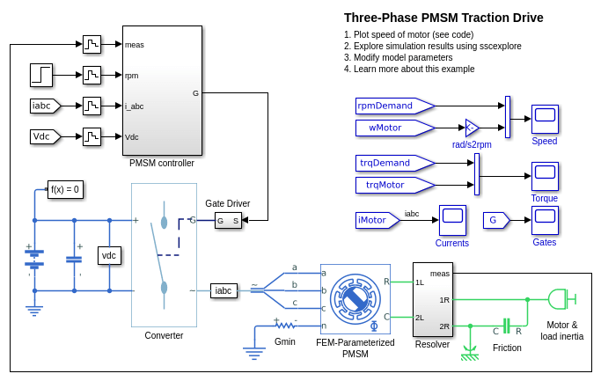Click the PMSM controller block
(x=163, y=90)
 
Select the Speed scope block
(x=545, y=119)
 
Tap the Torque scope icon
(x=545, y=176)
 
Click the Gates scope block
(x=545, y=220)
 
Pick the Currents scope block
(x=452, y=220)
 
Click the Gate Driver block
(x=228, y=220)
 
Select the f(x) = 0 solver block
(x=65, y=189)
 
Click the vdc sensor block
(x=109, y=255)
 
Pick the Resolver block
(x=433, y=299)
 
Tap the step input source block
(x=40, y=75)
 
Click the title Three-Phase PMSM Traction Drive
(x=443, y=18)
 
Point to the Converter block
(x=164, y=255)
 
